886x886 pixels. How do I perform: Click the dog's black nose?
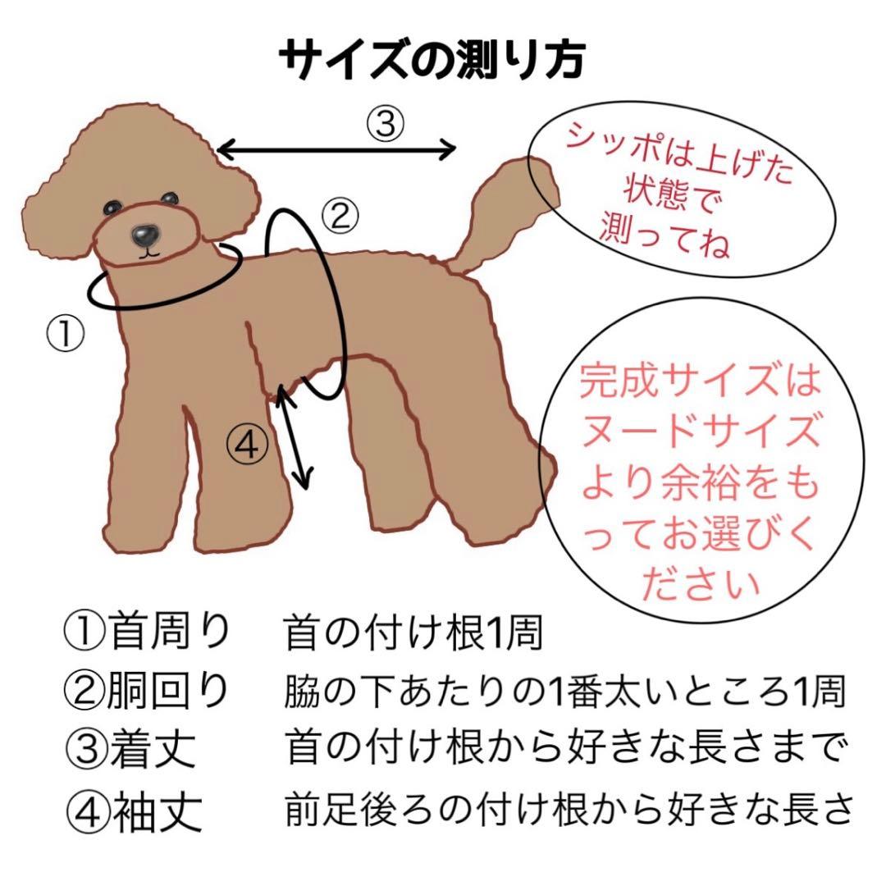pyautogui.click(x=146, y=236)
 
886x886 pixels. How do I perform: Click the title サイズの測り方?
pyautogui.click(x=432, y=59)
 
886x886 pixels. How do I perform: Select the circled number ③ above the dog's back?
pyautogui.click(x=385, y=124)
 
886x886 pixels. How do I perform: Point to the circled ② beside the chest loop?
pyautogui.click(x=340, y=215)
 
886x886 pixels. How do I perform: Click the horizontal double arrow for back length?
pyautogui.click(x=337, y=149)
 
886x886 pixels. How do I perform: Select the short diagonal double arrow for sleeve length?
pyautogui.click(x=295, y=438)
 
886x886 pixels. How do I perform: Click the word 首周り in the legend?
pyautogui.click(x=168, y=633)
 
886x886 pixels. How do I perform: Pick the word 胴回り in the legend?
pyautogui.click(x=168, y=692)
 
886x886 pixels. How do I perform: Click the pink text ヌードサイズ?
pyautogui.click(x=700, y=432)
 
